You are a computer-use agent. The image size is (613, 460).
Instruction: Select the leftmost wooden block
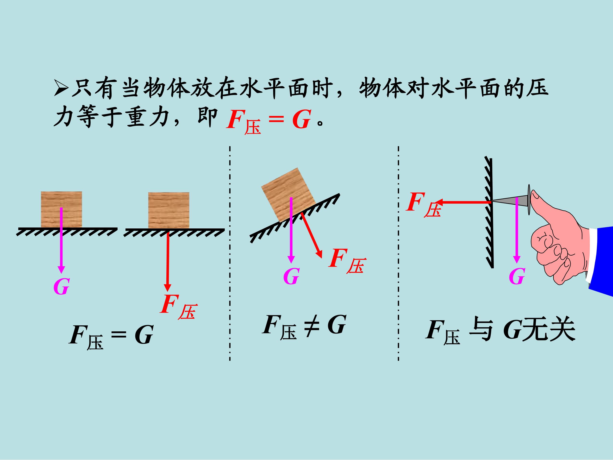tap(62, 209)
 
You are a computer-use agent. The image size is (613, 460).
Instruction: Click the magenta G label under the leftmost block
tap(61, 287)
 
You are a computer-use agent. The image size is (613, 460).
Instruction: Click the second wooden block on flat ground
tap(169, 210)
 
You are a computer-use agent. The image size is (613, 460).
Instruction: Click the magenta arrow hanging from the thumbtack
tap(516, 230)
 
